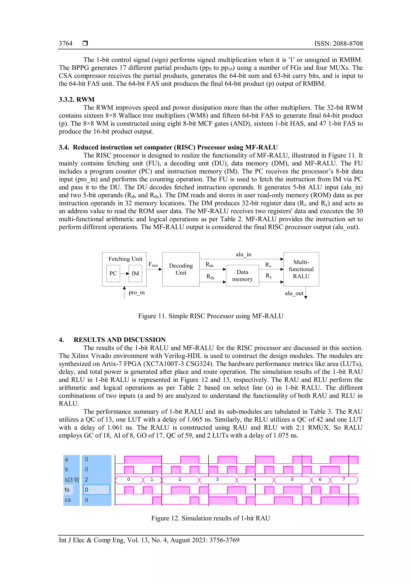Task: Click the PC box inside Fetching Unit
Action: [x=113, y=273]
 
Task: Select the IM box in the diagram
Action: [x=135, y=273]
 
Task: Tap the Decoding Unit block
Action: [x=181, y=269]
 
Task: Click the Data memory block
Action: [x=242, y=276]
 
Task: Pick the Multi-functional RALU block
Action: [x=301, y=269]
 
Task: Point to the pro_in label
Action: [x=136, y=293]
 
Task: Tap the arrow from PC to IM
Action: [x=124, y=273]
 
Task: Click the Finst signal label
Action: [x=153, y=264]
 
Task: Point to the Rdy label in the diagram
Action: [x=210, y=277]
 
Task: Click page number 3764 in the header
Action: [x=65, y=43]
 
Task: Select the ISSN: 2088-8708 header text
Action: [x=338, y=43]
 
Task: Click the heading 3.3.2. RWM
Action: [x=77, y=99]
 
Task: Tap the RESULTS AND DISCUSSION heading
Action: [x=119, y=340]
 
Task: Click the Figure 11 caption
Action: [x=211, y=316]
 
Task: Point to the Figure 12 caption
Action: [x=211, y=518]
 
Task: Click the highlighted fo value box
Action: [x=96, y=490]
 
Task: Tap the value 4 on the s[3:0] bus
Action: [x=255, y=479]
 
